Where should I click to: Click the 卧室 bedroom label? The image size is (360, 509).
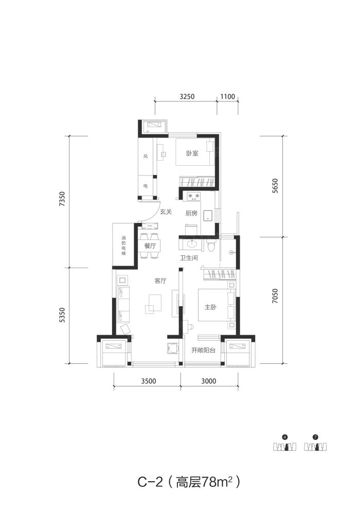point(192,153)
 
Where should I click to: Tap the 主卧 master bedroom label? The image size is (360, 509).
point(210,307)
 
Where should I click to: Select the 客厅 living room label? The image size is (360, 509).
point(160,281)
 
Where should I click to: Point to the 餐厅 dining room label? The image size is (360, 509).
point(150,245)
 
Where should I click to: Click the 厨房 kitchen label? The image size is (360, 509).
point(191,213)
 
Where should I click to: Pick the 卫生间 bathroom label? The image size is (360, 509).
point(189,258)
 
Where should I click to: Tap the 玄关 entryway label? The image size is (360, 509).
point(166,212)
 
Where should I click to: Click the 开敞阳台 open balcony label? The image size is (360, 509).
point(203,350)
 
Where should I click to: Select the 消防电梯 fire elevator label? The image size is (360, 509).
point(123,245)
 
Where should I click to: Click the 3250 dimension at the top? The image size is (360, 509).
point(187,96)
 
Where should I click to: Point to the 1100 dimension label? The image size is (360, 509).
point(227,96)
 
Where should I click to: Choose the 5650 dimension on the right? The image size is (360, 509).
point(275,186)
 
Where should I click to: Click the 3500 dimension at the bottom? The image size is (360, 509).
point(149,381)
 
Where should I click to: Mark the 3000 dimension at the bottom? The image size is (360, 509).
point(208,381)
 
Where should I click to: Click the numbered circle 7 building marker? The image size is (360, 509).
point(315,437)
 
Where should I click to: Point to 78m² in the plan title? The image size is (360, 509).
point(217,482)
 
